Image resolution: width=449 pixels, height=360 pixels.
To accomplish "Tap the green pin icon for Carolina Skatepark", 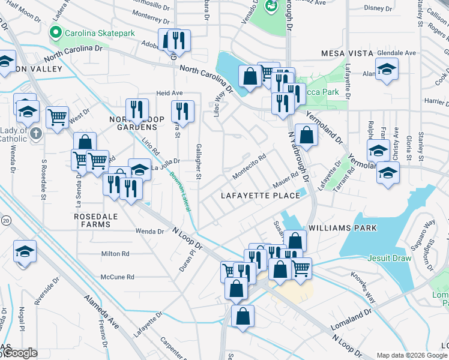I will tap(57, 32).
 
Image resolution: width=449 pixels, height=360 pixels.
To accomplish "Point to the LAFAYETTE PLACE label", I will tap(260, 196).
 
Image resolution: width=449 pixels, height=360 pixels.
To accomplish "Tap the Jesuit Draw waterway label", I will tap(390, 259).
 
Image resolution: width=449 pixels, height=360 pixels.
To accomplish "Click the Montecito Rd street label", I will tap(249, 167).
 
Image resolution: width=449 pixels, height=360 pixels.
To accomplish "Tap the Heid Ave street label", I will tap(169, 94).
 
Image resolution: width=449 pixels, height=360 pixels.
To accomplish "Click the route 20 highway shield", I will tap(5, 220).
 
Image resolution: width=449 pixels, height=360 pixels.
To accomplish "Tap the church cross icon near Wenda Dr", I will tap(35, 133).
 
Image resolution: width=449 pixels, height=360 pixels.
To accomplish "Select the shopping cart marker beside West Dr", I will tap(57, 118).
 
